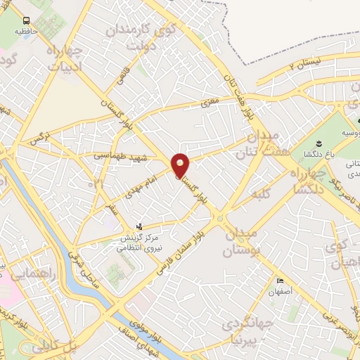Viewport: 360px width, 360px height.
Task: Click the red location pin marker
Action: click(181, 164)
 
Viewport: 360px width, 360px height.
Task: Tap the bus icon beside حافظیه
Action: click(26, 21)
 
